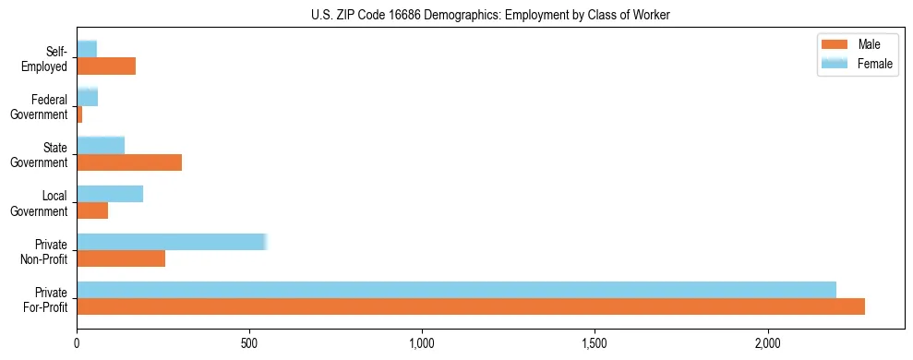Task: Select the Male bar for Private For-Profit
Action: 471,306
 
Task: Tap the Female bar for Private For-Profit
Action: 456,290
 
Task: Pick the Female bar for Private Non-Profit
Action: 172,242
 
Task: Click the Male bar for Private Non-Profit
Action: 121,258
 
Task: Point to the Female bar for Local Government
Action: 110,194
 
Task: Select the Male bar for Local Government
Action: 92,210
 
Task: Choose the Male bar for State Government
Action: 129,162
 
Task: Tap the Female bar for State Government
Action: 101,145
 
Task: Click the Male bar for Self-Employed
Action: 106,66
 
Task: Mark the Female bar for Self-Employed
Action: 87,49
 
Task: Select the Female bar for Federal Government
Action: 88,97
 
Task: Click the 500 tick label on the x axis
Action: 249,343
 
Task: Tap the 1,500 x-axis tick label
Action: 595,343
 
